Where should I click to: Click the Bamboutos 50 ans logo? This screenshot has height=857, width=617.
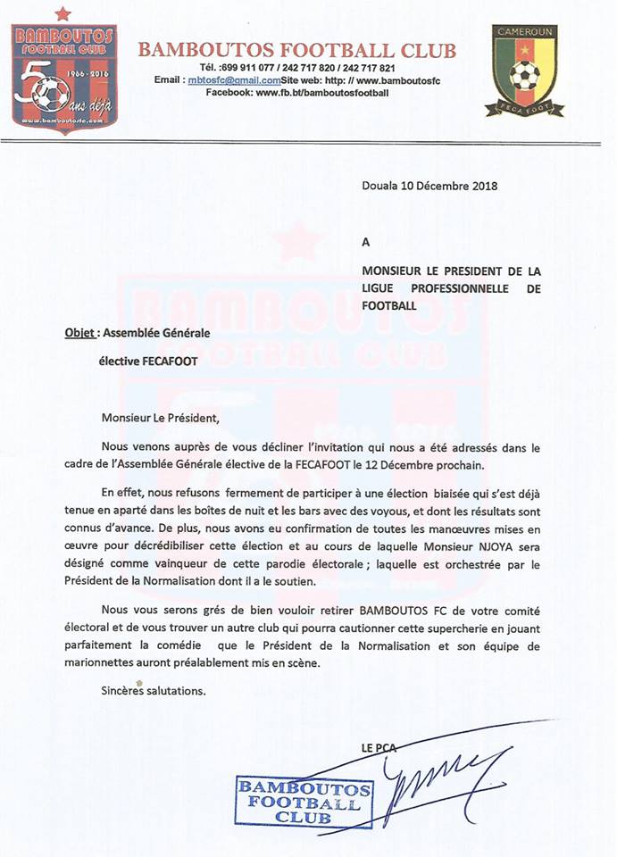point(65,75)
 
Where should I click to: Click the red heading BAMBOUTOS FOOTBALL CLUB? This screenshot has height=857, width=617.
point(297,50)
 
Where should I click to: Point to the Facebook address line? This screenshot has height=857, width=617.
point(298,93)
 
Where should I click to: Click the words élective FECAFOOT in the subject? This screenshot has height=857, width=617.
point(147,362)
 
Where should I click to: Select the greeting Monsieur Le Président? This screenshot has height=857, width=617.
point(160,418)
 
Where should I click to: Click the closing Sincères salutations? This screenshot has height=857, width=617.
point(154,691)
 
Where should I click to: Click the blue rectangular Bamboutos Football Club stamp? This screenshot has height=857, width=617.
point(304,802)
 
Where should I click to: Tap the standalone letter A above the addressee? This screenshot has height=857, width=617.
point(365,241)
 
